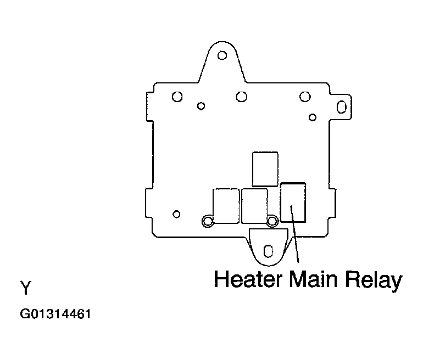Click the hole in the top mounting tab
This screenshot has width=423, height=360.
222,55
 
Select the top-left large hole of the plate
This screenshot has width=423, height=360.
177,97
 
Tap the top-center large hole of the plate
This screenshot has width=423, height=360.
242,97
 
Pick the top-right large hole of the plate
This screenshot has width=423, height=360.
305,97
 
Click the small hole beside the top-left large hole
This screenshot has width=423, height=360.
201,106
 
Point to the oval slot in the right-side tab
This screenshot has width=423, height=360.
342,106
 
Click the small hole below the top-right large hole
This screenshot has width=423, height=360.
313,117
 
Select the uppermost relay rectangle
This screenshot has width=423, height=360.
265,169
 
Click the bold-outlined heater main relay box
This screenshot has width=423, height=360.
293,203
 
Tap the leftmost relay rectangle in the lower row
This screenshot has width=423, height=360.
226,206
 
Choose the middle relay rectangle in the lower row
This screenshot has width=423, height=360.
254,206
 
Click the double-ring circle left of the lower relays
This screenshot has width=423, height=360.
208,221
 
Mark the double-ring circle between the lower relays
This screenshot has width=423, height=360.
272,221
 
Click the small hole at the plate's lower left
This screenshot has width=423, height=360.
176,214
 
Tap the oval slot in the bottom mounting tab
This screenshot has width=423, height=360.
268,251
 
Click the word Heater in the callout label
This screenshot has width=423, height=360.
248,279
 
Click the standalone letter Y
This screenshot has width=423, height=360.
26,288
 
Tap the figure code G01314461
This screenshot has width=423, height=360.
55,314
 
